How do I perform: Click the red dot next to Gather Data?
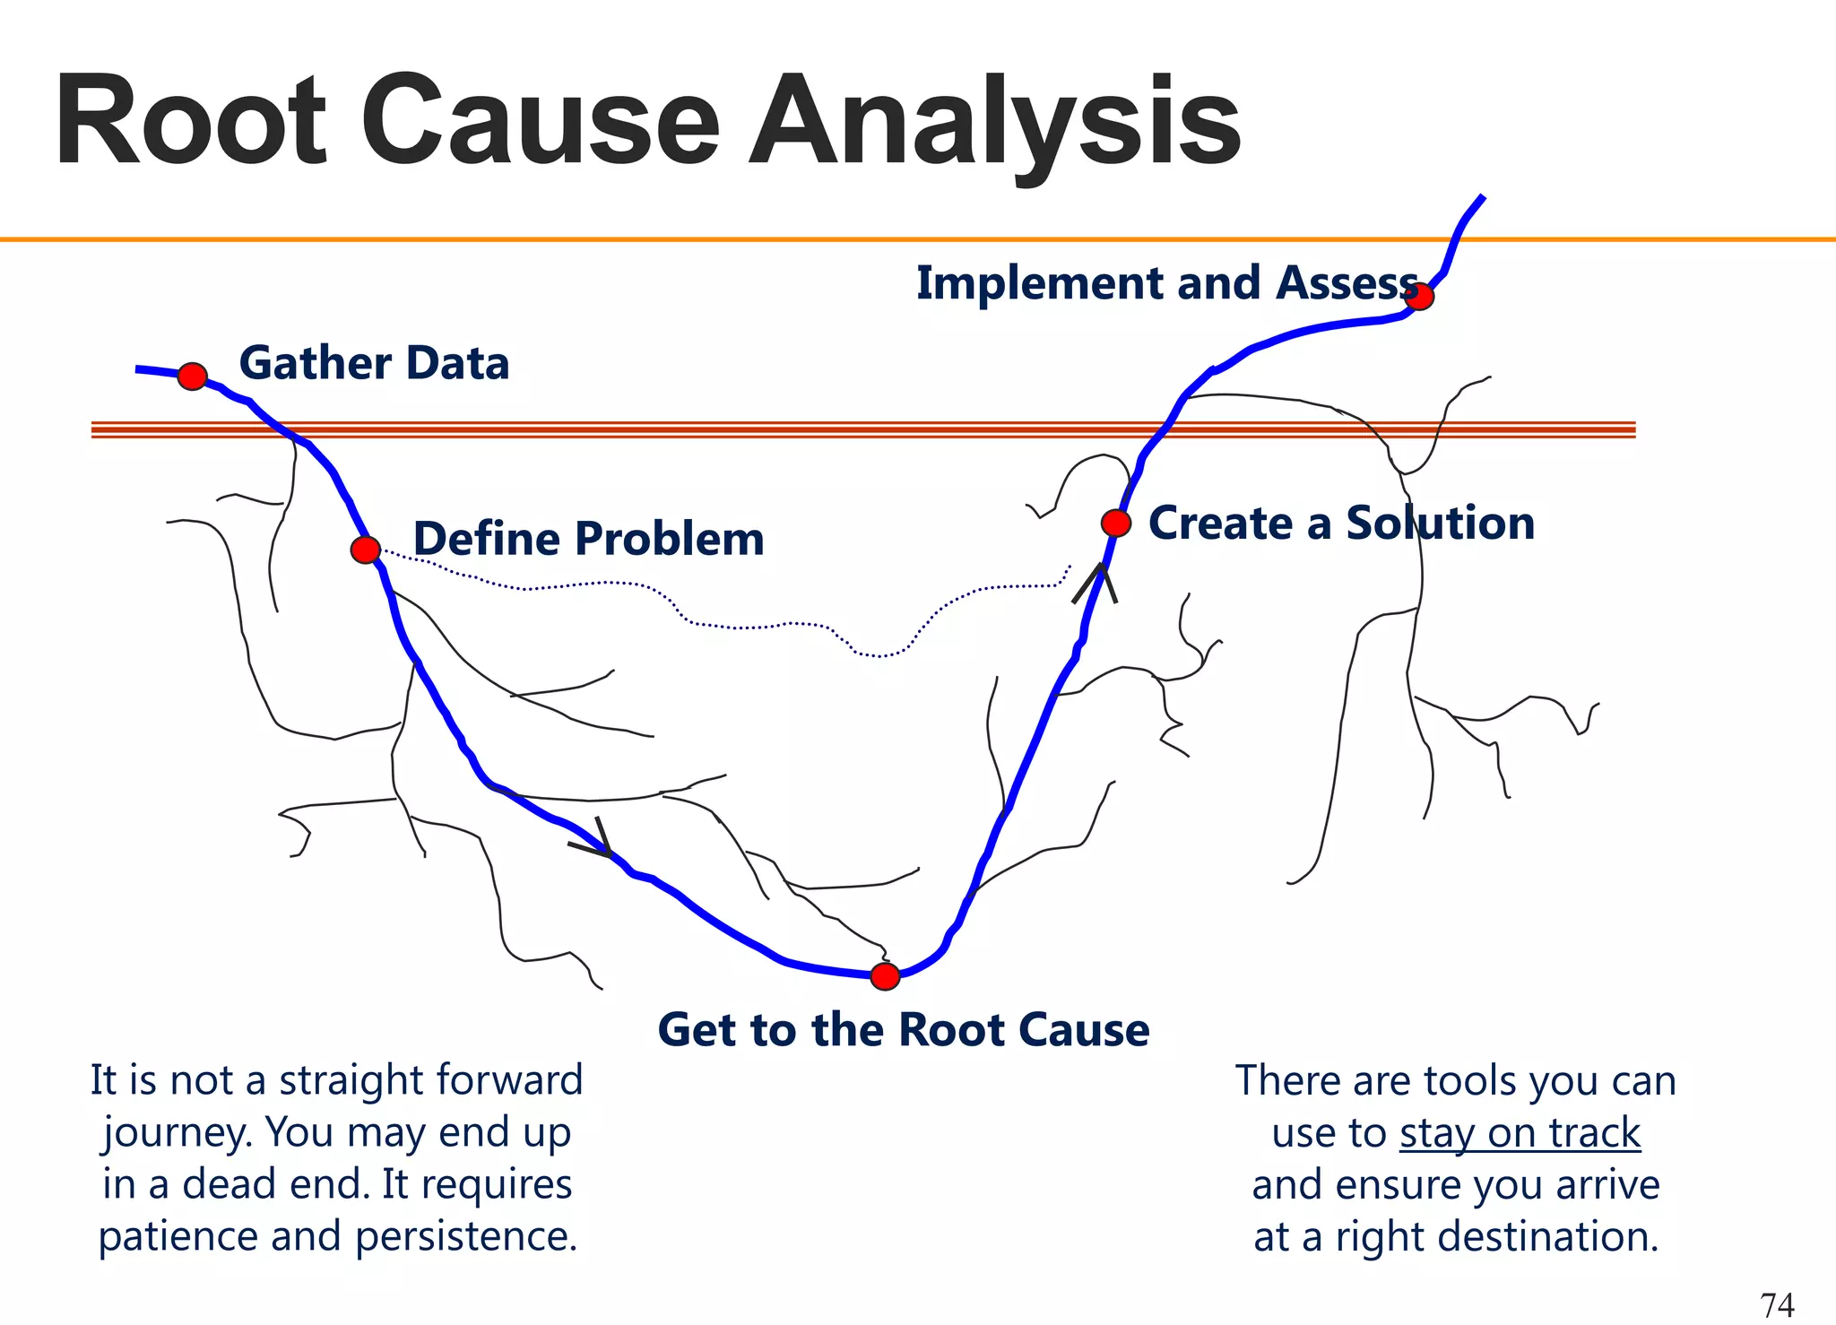pyautogui.click(x=193, y=377)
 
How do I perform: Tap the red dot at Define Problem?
pyautogui.click(x=366, y=550)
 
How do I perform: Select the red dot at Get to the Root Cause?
pyautogui.click(x=885, y=976)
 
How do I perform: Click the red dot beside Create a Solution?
pyautogui.click(x=1116, y=523)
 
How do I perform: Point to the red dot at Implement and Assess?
pyautogui.click(x=1420, y=296)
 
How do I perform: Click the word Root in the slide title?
pyautogui.click(x=190, y=121)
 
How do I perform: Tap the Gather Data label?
pyautogui.click(x=374, y=363)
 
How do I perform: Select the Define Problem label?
pyautogui.click(x=588, y=539)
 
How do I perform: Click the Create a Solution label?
pyautogui.click(x=1341, y=523)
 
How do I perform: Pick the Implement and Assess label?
pyautogui.click(x=1165, y=283)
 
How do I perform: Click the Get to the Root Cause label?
pyautogui.click(x=903, y=1029)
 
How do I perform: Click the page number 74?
pyautogui.click(x=1777, y=1304)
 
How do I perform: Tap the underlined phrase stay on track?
pyautogui.click(x=1520, y=1133)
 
